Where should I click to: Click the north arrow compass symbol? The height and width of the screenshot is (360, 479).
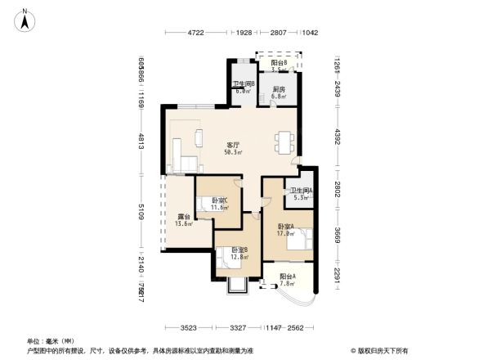(25, 19)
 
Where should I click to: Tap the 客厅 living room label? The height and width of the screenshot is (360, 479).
(232, 145)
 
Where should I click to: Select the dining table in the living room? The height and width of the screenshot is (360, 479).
(283, 143)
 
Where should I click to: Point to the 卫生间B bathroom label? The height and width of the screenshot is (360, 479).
(244, 84)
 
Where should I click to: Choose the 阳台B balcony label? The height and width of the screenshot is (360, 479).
(280, 63)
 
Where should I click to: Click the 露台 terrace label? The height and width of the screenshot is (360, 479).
(185, 217)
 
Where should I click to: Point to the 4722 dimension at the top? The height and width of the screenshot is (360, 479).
(195, 32)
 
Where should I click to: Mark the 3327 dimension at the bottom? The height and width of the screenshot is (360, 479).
(238, 328)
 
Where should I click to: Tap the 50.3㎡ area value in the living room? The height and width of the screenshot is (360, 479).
(233, 152)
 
